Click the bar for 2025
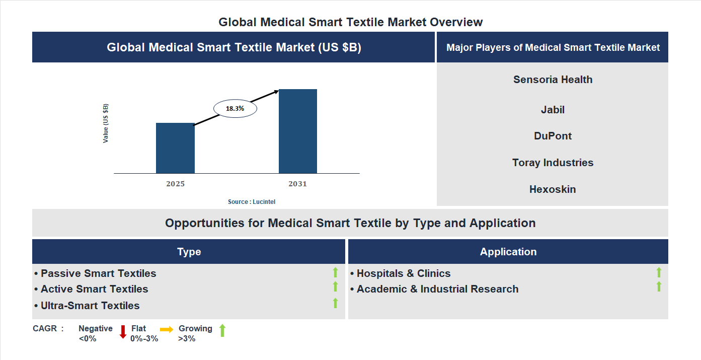tap(175, 148)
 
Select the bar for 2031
tap(298, 131)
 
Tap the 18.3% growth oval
tap(235, 108)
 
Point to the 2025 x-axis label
tap(175, 184)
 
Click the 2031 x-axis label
tap(297, 184)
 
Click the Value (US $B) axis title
tap(106, 123)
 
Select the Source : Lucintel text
tap(252, 201)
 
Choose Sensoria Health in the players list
tap(553, 80)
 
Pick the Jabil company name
tap(553, 110)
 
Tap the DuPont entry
tap(553, 136)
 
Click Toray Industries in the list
tap(553, 163)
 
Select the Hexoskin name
tap(553, 189)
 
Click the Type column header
tap(189, 252)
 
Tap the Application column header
tap(508, 252)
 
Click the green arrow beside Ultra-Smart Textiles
tap(335, 303)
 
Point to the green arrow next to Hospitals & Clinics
tap(659, 272)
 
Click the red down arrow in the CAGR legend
tap(123, 332)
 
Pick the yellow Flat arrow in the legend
tap(167, 329)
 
